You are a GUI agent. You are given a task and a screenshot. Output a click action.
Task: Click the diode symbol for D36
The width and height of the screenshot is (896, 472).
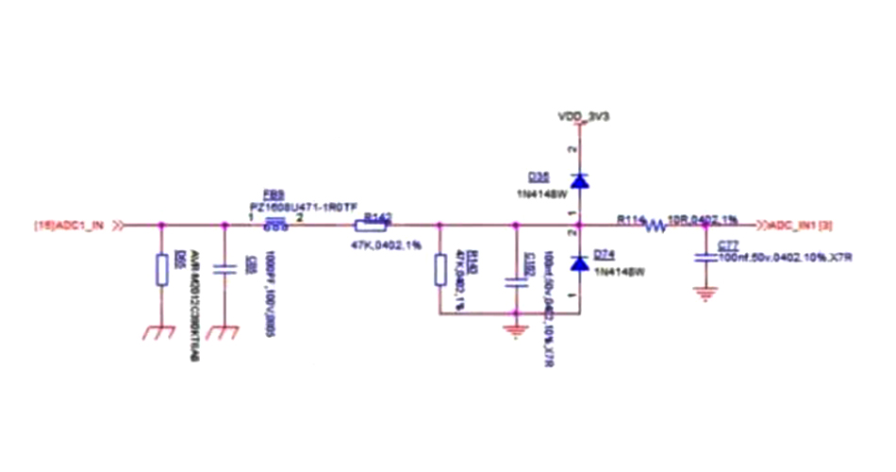pos(578,179)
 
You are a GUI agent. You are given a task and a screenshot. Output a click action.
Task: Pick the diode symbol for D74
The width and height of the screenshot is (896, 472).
pos(578,260)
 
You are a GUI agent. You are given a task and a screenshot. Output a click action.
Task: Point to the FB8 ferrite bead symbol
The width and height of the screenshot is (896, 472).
pos(275,225)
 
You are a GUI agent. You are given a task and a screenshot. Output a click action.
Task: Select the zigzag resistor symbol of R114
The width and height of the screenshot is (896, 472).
pos(655,225)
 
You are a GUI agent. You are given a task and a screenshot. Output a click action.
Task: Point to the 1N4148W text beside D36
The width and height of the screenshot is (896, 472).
pos(540,194)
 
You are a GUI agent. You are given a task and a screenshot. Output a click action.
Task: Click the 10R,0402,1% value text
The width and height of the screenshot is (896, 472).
pos(703,219)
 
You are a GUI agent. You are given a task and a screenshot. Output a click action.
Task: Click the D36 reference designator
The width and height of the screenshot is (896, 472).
pos(539,177)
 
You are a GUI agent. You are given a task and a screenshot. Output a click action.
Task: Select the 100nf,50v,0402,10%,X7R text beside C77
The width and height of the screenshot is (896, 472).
pos(785,257)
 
